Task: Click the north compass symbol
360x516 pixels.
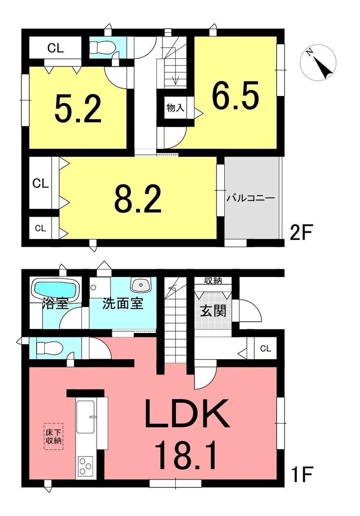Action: (x=318, y=62)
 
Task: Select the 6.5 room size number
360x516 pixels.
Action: (x=235, y=95)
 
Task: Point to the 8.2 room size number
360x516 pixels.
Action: (x=138, y=199)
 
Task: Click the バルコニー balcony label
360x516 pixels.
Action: (x=250, y=199)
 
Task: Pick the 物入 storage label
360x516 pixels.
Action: (x=175, y=107)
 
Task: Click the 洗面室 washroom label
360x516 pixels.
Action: (x=123, y=303)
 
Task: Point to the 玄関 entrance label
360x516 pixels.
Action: (x=214, y=310)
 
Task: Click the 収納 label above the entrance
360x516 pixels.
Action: (x=213, y=281)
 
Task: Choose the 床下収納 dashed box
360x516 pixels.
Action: (x=53, y=436)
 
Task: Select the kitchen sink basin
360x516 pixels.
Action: (x=85, y=417)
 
